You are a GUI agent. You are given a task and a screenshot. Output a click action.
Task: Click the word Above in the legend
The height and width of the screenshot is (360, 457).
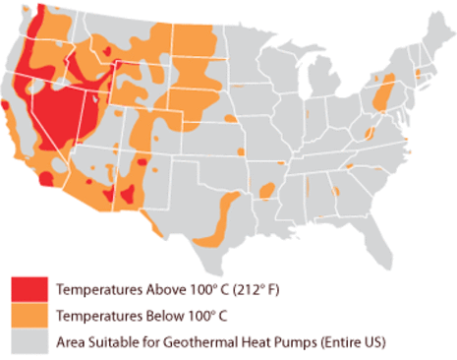pyautogui.click(x=153, y=290)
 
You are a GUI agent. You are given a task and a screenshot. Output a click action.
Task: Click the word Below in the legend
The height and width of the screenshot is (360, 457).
pyautogui.click(x=153, y=317)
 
